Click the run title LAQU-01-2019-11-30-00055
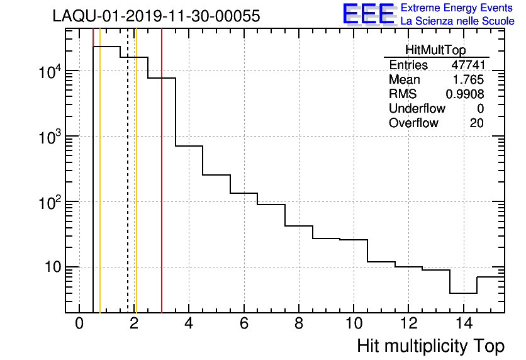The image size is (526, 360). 156,16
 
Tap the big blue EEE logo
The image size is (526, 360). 368,14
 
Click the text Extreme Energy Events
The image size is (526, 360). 457,8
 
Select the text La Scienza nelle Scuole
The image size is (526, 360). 457,21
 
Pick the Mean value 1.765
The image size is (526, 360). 469,80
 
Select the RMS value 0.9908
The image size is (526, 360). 465,94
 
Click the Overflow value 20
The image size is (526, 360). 476,123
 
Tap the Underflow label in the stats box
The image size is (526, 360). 417,109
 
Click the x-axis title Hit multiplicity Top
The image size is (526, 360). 430,346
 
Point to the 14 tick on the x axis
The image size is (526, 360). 463,324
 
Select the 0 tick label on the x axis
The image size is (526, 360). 79,324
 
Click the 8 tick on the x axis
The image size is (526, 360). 299,324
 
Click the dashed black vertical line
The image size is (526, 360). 128,189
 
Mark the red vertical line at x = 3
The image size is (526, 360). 162,189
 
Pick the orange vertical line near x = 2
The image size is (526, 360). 136,189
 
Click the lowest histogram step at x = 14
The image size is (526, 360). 463,293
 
